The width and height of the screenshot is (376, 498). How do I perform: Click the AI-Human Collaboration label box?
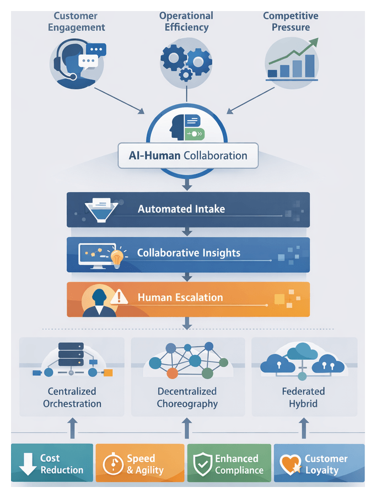[x=187, y=156]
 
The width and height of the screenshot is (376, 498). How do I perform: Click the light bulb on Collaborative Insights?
[x=116, y=256]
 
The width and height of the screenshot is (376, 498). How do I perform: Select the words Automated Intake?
[x=181, y=209]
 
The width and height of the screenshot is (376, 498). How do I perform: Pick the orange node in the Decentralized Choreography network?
[x=173, y=373]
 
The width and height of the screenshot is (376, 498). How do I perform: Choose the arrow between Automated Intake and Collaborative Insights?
[x=187, y=231]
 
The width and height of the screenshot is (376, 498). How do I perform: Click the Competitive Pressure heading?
[x=291, y=21]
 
